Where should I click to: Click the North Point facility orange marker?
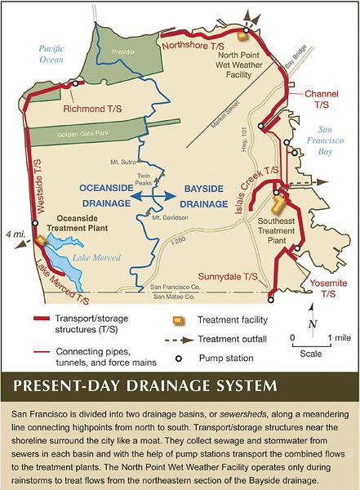242,35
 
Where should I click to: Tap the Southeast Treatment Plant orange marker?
279,202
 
